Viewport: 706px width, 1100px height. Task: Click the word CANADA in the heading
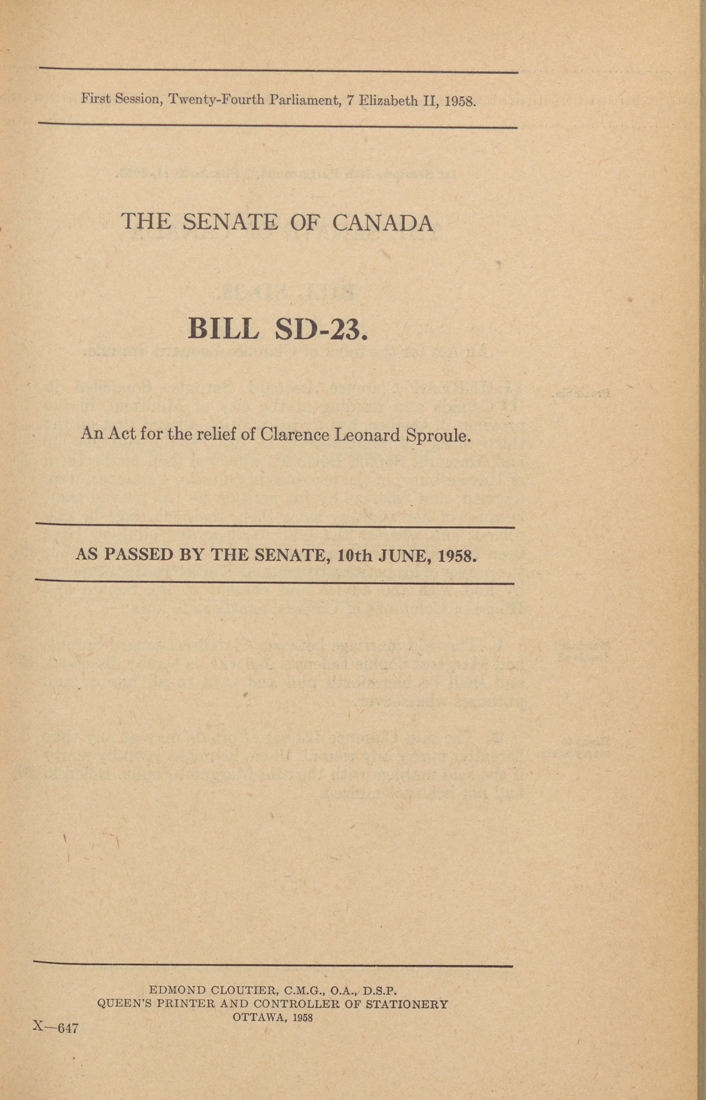point(382,223)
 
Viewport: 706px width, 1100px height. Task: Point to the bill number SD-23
point(321,328)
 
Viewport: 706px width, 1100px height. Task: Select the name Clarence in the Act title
point(295,434)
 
